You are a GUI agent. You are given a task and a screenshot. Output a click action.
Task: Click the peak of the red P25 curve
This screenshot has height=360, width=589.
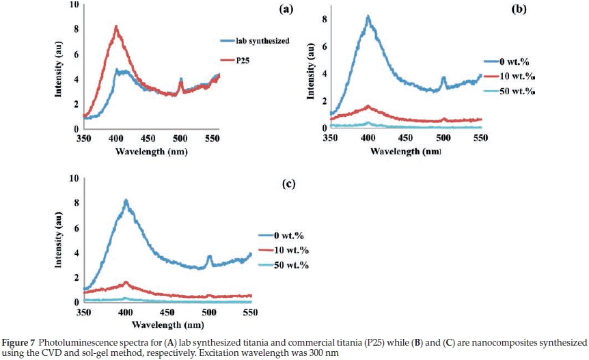point(116,27)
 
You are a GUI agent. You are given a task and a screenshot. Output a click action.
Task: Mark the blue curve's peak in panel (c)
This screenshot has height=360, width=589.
point(126,200)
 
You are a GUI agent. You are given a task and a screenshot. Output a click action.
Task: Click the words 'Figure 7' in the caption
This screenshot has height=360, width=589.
point(18,341)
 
